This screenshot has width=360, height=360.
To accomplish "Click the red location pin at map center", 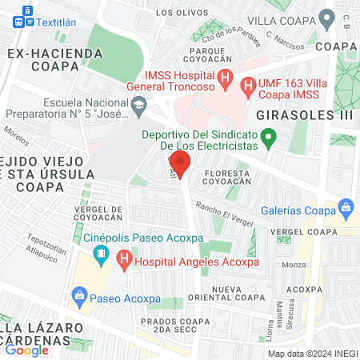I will click(x=181, y=164).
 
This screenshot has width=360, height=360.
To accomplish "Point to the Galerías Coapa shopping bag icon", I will click(x=346, y=210).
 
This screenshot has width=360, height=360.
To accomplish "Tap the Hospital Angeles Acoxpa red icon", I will click(x=123, y=259).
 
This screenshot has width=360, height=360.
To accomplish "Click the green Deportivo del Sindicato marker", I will click(x=269, y=139).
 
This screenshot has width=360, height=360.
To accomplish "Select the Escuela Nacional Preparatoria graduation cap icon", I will click(x=139, y=103).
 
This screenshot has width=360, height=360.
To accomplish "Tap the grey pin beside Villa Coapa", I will click(x=326, y=18).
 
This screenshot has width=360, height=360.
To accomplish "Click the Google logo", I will click(x=27, y=350).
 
